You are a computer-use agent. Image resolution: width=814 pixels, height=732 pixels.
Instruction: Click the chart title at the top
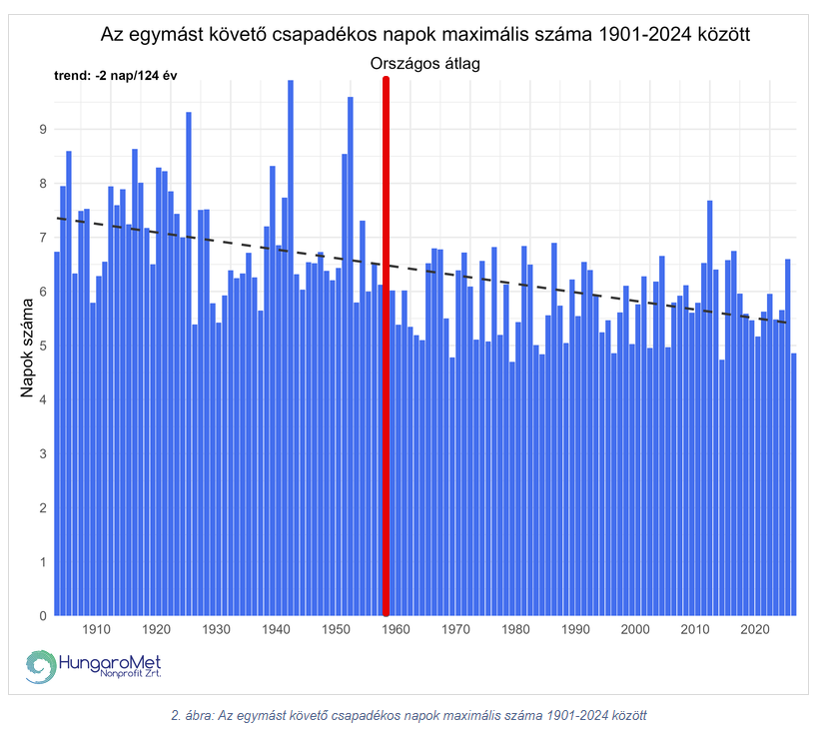425,35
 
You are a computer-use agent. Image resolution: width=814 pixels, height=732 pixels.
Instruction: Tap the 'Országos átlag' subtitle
425,64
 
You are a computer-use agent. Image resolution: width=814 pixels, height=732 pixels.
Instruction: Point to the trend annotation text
115,76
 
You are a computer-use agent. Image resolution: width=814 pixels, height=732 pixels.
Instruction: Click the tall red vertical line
386,350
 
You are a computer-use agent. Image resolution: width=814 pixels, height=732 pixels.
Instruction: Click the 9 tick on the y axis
43,129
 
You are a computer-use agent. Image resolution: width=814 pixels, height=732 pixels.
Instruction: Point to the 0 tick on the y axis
43,616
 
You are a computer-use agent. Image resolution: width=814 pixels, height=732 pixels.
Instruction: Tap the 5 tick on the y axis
43,346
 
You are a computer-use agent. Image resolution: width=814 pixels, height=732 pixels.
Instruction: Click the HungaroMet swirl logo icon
41,666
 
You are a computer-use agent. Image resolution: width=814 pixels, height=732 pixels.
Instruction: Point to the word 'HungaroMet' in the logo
110,661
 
